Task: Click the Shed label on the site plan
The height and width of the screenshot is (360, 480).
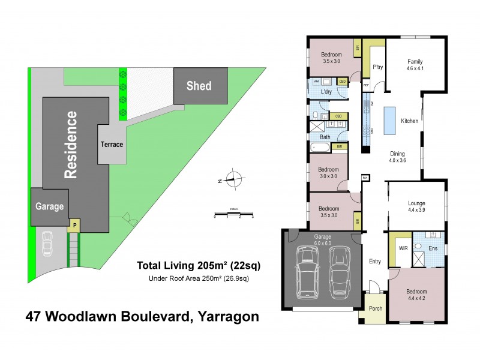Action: pyautogui.click(x=199, y=86)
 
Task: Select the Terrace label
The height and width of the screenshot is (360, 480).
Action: pyautogui.click(x=112, y=144)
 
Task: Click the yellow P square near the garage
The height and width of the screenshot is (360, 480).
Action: pyautogui.click(x=74, y=226)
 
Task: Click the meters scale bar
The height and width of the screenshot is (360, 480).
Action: pyautogui.click(x=233, y=213)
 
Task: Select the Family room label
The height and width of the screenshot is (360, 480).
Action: pyautogui.click(x=415, y=65)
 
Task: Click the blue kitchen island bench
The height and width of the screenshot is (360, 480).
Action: pyautogui.click(x=391, y=121)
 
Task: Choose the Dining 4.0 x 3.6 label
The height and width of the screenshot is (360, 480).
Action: pyautogui.click(x=397, y=157)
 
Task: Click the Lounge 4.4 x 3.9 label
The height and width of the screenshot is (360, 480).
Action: pyautogui.click(x=416, y=206)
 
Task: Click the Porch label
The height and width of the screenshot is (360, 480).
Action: pyautogui.click(x=376, y=308)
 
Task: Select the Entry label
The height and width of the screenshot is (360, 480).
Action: pyautogui.click(x=374, y=261)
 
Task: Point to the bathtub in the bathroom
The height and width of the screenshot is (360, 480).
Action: pyautogui.click(x=319, y=146)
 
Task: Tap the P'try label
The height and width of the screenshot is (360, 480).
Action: pyautogui.click(x=378, y=67)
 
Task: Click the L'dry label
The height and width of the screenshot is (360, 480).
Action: pyautogui.click(x=327, y=92)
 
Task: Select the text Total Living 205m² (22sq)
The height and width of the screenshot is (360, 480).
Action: pyautogui.click(x=199, y=265)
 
